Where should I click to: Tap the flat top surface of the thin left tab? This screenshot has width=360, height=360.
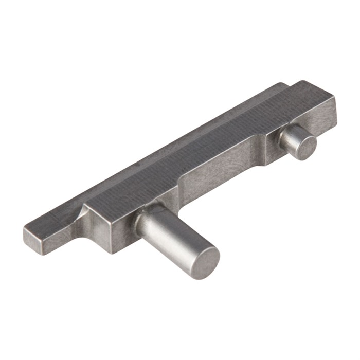tap(57, 219)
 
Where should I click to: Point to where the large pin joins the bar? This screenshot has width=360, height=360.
tap(147, 216)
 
